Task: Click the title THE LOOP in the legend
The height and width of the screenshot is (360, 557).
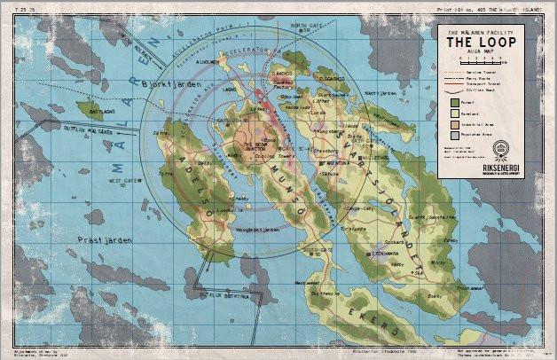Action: pos(478,42)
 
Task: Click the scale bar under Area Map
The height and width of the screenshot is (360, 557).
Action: pos(478,62)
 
